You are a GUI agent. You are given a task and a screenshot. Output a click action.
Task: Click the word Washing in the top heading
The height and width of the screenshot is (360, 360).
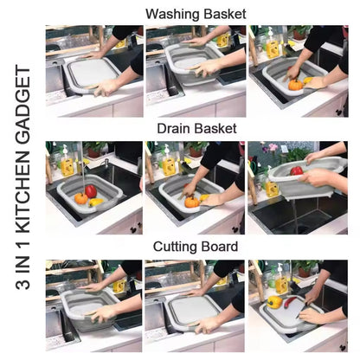coord(171,14)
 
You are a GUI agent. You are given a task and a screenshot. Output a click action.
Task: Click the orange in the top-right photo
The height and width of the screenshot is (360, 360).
coord(296,85)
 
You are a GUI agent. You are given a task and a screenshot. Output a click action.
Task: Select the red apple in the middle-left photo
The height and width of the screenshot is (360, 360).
coord(91,190)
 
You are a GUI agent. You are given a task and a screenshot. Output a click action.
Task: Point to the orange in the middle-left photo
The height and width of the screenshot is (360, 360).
coord(80,199)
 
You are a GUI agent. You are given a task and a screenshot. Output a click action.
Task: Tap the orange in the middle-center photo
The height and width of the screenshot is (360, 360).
coord(192,202)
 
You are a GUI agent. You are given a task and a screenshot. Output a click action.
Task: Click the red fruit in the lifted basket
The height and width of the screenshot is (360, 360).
coord(296,170)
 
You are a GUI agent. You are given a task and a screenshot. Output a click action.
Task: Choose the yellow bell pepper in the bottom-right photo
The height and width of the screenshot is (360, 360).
coord(275,302)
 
